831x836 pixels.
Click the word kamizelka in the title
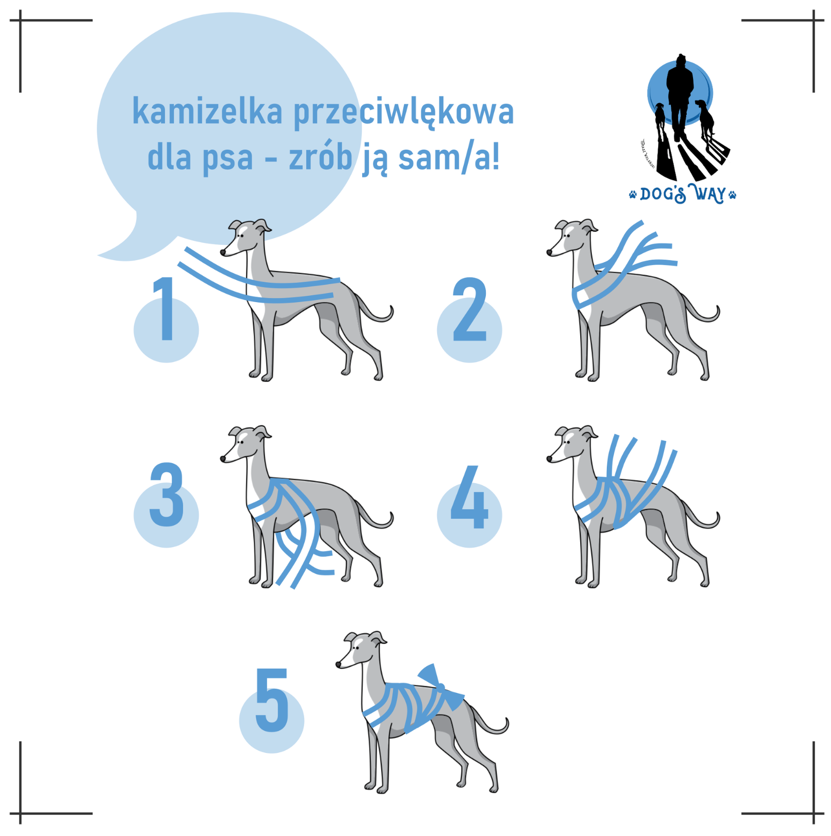click(207, 111)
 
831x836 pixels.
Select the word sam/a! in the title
click(448, 157)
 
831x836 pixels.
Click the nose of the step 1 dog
click(223, 252)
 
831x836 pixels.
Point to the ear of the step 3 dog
click(263, 432)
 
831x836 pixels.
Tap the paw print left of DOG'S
click(632, 194)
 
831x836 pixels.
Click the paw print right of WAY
click(733, 194)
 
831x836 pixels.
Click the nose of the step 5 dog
click(339, 665)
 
